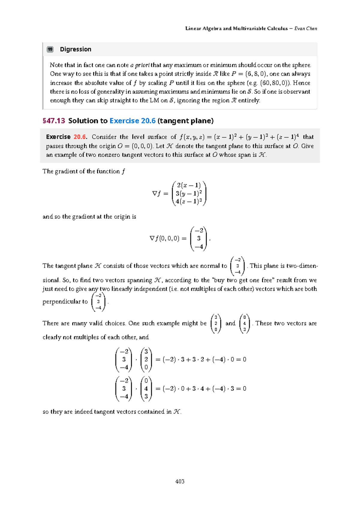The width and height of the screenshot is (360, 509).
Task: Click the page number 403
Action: click(x=180, y=481)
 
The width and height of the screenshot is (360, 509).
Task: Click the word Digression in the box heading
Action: click(x=75, y=49)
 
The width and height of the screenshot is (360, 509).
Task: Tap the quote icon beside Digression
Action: click(x=50, y=49)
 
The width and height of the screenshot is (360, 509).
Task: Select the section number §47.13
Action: click(x=54, y=121)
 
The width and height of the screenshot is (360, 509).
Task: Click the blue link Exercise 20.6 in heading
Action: click(x=132, y=121)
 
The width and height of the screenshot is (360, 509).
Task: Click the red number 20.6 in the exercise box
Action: click(x=80, y=137)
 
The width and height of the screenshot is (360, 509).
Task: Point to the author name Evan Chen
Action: click(x=305, y=29)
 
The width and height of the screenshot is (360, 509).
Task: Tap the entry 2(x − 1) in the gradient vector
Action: click(x=189, y=185)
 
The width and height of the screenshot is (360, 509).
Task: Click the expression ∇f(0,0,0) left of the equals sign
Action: click(x=164, y=239)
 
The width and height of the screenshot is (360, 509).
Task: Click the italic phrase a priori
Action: click(x=140, y=65)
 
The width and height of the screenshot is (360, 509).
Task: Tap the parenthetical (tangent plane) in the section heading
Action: click(x=185, y=121)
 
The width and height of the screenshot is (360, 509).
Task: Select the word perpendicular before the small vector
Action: click(x=65, y=302)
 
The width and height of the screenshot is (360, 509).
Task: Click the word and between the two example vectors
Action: click(x=230, y=323)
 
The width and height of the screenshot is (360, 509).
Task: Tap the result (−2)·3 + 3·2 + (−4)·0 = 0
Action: click(x=204, y=360)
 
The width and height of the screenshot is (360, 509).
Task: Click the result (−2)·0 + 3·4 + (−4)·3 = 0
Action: click(x=204, y=389)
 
